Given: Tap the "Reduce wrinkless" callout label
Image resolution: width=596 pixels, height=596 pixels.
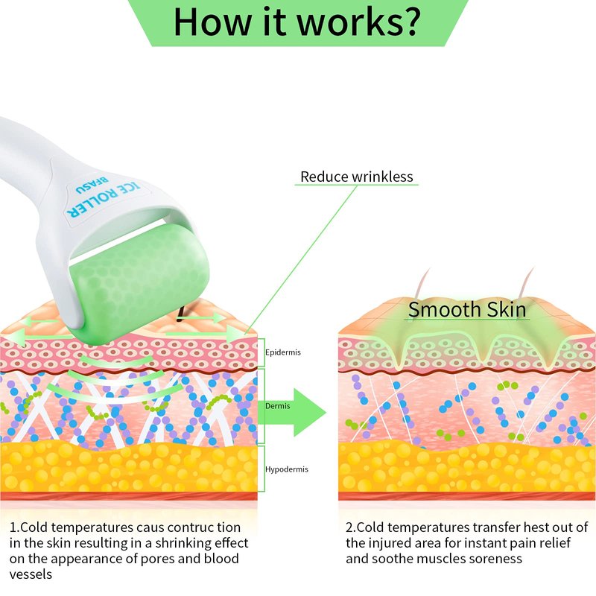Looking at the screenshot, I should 356,177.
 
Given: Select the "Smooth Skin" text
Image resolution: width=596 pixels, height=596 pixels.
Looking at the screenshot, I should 467,309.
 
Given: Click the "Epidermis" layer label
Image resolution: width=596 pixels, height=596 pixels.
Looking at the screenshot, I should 283,352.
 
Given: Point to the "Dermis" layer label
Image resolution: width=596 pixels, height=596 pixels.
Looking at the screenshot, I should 277,407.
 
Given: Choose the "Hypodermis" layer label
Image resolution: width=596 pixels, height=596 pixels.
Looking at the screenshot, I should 287,469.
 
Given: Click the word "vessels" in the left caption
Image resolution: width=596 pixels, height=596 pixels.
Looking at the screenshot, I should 31,574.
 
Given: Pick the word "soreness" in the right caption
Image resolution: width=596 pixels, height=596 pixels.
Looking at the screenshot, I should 495,559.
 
